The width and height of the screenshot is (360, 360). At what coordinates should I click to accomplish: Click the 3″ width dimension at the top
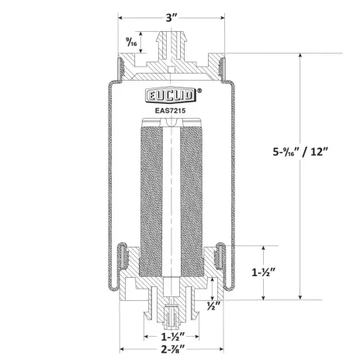pos(171,18)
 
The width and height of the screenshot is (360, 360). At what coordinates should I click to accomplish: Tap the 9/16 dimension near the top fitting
pos(131,42)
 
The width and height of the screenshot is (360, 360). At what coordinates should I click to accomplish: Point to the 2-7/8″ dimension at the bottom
pos(171,350)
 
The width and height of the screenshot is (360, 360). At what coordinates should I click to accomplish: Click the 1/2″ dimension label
pos(213,306)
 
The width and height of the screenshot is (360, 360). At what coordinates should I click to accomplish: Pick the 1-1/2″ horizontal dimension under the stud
pos(171,337)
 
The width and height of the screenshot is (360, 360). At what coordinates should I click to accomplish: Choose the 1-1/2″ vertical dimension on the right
pos(263,272)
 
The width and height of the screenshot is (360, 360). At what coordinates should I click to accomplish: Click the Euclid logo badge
pos(171,95)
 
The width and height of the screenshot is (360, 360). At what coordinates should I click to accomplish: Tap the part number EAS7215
pos(170,111)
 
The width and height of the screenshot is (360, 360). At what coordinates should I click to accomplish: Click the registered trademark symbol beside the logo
pos(199,91)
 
